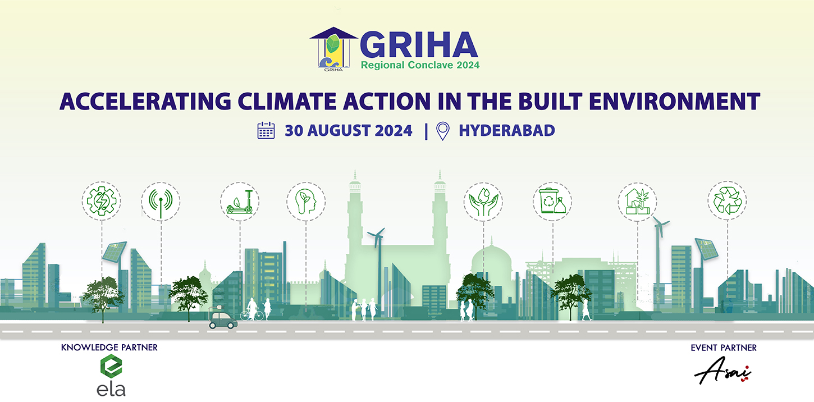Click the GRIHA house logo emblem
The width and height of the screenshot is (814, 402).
tap(333, 49)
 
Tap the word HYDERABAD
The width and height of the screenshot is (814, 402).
tap(507, 131)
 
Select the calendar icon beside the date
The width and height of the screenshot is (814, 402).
tap(266, 130)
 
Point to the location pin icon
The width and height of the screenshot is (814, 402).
tap(442, 131)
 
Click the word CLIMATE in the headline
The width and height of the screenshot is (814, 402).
tap(287, 101)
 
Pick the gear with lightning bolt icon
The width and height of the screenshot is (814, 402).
tap(102, 201)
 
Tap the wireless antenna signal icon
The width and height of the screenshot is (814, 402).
tap(161, 202)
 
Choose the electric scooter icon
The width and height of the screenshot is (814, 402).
tap(240, 202)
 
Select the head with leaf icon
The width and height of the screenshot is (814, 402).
tap(306, 202)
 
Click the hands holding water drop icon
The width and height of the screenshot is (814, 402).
tap(483, 202)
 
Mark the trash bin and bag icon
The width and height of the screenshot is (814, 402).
tap(552, 202)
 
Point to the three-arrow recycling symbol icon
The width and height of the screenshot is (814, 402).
tap(727, 200)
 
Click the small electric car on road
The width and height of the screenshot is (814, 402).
tap(223, 320)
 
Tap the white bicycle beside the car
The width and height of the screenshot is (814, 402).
tap(252, 314)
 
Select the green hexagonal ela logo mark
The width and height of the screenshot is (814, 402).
tap(111, 367)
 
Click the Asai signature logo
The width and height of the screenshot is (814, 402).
tap(723, 371)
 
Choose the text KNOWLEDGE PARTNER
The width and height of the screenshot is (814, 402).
tap(109, 348)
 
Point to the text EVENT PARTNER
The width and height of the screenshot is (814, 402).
tap(724, 348)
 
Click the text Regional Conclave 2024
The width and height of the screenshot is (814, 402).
tap(420, 65)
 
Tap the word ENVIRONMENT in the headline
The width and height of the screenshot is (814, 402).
tap(674, 101)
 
